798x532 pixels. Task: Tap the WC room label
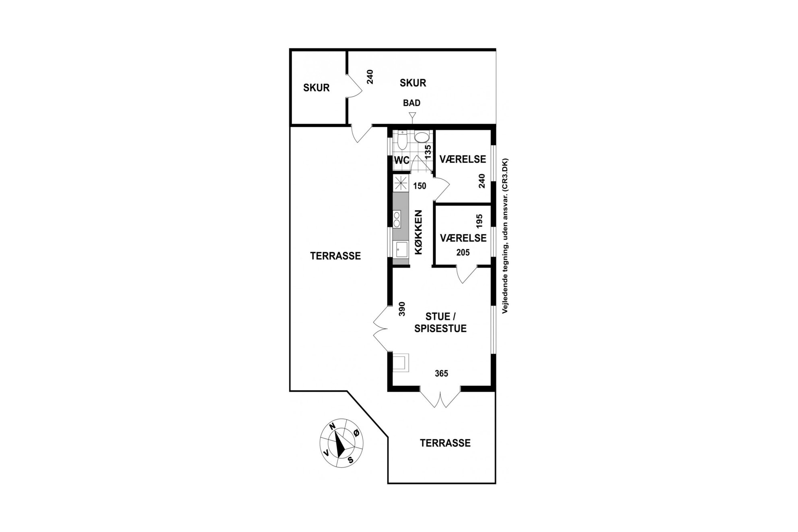pos(401,160)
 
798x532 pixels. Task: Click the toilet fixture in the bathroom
pos(401,141)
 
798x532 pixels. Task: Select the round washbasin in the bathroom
pos(422,137)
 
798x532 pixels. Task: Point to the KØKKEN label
pos(419,232)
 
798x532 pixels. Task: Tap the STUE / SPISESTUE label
pos(440,323)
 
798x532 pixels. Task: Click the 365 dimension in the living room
pos(441,374)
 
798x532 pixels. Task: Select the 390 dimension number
pos(401,309)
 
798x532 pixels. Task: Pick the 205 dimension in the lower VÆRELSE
pos(463,253)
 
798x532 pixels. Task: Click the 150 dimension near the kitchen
pos(420,186)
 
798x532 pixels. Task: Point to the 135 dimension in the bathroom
pos(428,151)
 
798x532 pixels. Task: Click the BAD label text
pos(411,103)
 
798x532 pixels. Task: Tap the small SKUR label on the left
pos(316,88)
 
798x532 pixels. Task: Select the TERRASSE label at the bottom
pos(445,443)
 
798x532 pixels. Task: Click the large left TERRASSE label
pos(335,256)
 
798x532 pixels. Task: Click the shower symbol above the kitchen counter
pos(401,183)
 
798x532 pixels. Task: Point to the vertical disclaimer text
pos(505,236)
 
